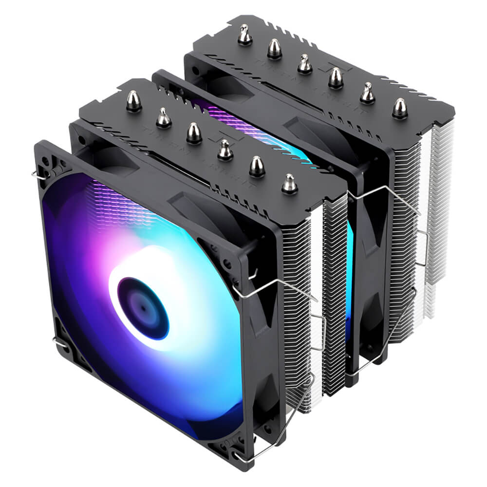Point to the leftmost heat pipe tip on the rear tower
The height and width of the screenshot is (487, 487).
244,35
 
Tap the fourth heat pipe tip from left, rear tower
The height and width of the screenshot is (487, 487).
336,78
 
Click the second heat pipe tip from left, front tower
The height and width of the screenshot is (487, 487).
164,118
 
